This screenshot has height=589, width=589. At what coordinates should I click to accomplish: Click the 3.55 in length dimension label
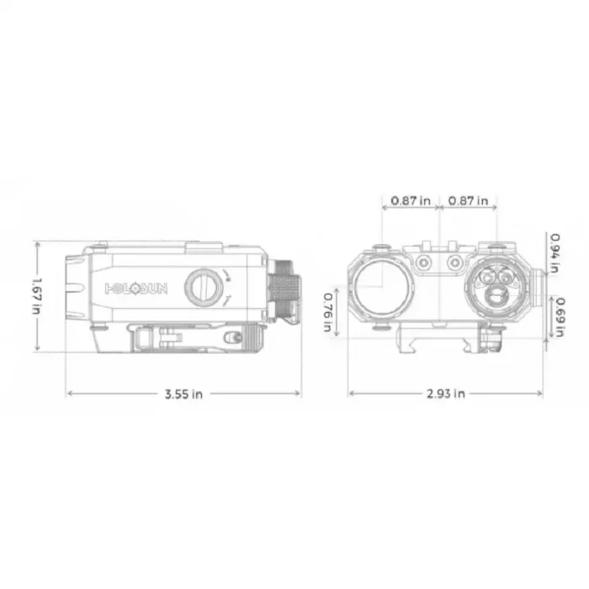(183, 394)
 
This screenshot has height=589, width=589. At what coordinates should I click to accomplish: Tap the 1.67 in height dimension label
(37, 296)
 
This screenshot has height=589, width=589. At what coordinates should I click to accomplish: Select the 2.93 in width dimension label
(446, 394)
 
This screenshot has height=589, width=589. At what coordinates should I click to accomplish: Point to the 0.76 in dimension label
(328, 312)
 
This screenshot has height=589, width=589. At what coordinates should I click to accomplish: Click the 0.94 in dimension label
(555, 252)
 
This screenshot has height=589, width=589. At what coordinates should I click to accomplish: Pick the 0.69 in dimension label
(560, 317)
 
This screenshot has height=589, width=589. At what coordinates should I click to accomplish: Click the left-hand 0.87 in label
(411, 200)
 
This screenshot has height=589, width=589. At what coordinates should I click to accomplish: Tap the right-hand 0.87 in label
(468, 200)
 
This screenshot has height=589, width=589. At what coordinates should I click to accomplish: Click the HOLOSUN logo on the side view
(136, 289)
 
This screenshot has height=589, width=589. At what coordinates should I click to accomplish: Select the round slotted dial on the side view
(204, 287)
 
